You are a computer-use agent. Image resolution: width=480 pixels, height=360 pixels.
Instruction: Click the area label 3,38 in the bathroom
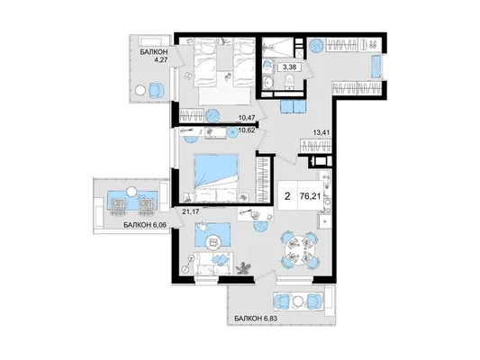pos(289,67)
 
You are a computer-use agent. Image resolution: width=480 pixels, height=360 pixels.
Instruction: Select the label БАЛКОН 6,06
pos(145,225)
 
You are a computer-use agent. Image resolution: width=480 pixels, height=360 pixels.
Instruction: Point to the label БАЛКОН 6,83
pos(256,319)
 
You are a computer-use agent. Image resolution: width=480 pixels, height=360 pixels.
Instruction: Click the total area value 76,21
pos(311,196)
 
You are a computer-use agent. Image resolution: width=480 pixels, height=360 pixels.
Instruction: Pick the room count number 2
pos(287,196)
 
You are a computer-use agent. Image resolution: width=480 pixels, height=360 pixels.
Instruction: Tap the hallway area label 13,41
pos(321,132)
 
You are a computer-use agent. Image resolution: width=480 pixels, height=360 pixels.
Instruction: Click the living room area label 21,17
pos(189,211)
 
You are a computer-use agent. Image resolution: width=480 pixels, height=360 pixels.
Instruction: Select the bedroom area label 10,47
pos(248,117)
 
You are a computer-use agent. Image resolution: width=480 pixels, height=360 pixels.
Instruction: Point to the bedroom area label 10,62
pos(247,130)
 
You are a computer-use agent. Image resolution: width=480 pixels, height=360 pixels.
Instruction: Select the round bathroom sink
pos(269,83)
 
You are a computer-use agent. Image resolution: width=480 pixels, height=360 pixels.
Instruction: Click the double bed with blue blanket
pos(216,178)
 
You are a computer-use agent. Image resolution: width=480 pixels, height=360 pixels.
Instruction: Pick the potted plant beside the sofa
pos(245,267)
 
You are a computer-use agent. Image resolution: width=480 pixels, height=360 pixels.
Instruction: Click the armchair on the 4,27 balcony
pos(156,90)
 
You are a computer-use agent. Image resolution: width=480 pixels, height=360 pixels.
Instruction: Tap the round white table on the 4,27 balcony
pos(141,91)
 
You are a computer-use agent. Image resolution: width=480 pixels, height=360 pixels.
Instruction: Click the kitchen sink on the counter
pos(324,221)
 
